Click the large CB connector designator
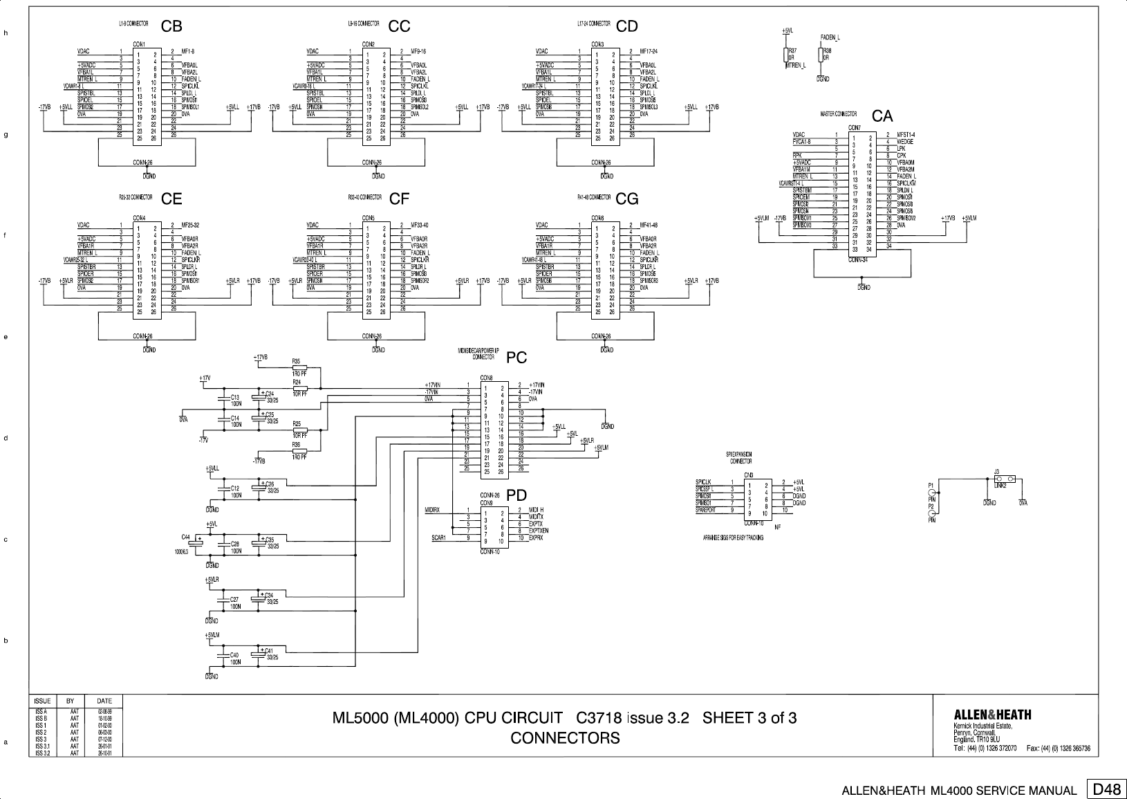(171, 26)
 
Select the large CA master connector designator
(882, 116)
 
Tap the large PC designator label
(516, 358)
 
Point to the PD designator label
(516, 495)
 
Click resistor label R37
(792, 51)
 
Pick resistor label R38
(827, 51)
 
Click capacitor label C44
(186, 537)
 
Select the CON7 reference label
(854, 127)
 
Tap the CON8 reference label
(486, 378)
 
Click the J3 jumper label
(996, 471)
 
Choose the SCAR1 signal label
(438, 538)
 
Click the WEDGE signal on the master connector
(905, 142)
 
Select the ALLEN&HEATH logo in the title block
(992, 715)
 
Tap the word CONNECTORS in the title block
(565, 738)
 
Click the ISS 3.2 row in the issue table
(41, 753)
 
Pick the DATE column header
(104, 701)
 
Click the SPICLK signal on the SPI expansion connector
(703, 482)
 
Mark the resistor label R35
(296, 360)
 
